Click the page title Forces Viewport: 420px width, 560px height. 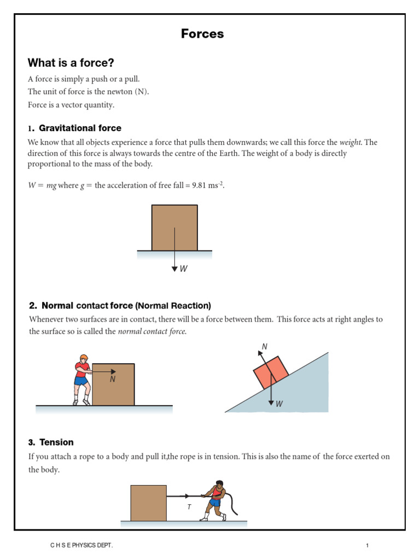tap(202, 34)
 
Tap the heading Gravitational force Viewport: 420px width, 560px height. tap(80, 128)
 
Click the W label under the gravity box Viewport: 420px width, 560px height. tap(184, 269)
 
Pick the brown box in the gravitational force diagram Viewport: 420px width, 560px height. tap(174, 227)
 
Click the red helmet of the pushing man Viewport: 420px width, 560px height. tap(83, 359)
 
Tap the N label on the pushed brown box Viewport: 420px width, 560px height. tap(113, 380)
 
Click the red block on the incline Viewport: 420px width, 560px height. tap(271, 372)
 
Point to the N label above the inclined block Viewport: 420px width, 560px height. tap(265, 346)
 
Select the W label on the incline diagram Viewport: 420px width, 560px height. tap(279, 404)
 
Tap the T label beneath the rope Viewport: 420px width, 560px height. tap(189, 507)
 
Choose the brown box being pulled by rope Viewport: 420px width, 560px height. tap(148, 503)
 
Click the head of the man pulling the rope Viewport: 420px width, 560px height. tap(219, 485)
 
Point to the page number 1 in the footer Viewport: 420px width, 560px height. tap(368, 546)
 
